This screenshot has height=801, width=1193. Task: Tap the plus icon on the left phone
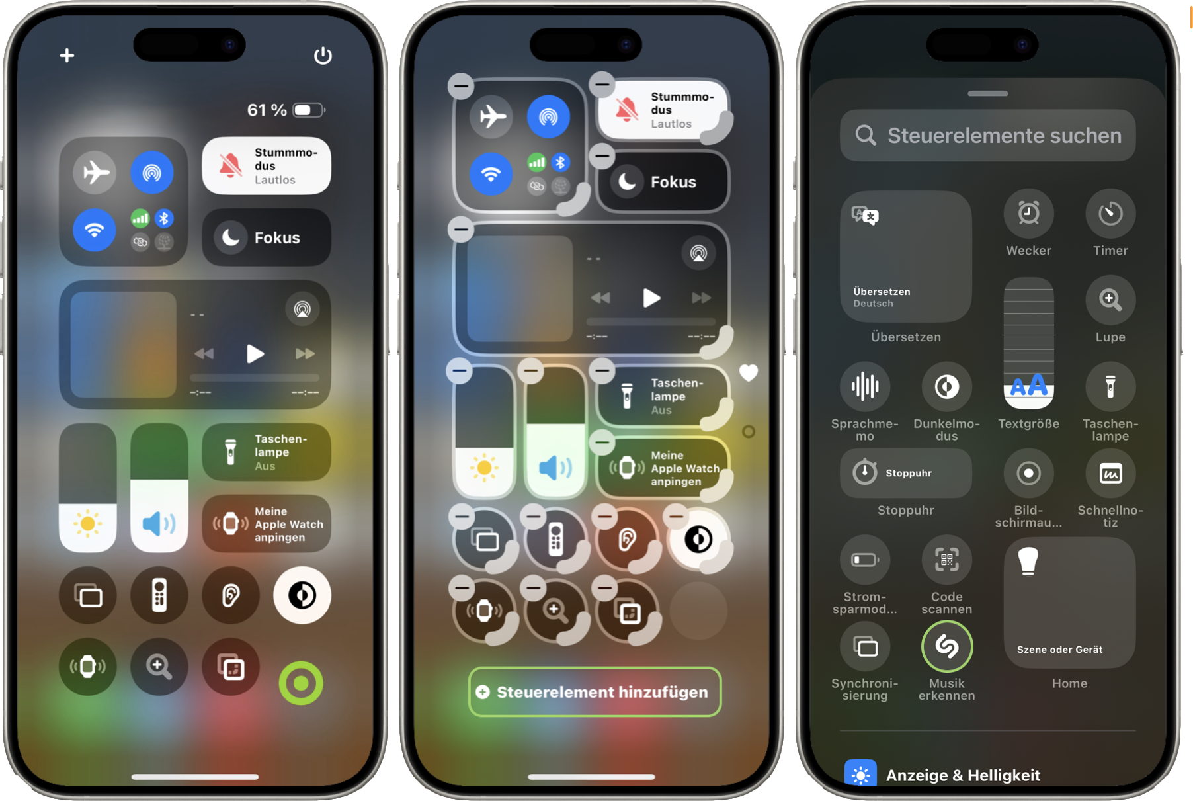(67, 55)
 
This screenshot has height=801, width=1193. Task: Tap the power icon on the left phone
(323, 55)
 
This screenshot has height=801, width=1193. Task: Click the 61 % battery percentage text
(267, 110)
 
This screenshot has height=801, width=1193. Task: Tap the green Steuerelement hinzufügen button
(595, 692)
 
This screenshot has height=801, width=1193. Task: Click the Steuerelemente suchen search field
(987, 136)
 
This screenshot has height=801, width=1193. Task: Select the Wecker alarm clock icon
(1028, 214)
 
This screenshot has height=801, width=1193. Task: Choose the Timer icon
(1110, 214)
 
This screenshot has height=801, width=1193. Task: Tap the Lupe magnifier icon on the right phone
(1110, 300)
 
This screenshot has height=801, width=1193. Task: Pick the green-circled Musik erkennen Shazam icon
(947, 646)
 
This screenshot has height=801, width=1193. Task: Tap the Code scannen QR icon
(947, 560)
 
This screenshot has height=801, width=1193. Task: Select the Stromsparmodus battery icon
(865, 560)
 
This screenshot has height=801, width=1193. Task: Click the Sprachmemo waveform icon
(865, 386)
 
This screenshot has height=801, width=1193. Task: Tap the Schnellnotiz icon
(1110, 473)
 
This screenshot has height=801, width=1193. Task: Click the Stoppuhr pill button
(906, 473)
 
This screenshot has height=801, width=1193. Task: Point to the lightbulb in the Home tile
(1028, 561)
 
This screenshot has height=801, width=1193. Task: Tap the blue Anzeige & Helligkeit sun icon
(860, 774)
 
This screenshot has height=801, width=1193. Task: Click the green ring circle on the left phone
(301, 683)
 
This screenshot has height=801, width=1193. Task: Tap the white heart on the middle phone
(749, 373)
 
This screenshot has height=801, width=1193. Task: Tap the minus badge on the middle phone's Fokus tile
(602, 156)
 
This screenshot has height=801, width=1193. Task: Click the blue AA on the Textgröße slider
(1028, 385)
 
